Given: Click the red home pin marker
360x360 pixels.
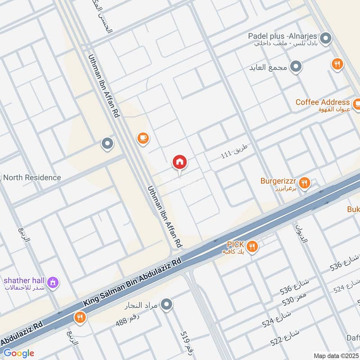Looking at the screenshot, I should click(x=180, y=162).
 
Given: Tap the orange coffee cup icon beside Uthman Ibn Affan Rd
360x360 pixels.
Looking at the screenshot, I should click(x=143, y=138).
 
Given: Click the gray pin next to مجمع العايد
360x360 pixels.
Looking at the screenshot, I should click(x=296, y=67).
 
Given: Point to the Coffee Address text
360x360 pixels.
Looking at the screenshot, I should click(x=322, y=102).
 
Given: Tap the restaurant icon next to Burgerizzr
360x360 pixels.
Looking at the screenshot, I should click(x=305, y=183).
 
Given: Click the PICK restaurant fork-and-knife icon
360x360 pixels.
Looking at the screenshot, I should click(x=252, y=246).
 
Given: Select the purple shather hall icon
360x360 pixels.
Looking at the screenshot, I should click(x=53, y=283).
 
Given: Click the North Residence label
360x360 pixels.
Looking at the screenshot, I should click(x=32, y=177).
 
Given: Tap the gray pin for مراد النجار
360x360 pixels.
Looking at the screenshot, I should click(x=167, y=305).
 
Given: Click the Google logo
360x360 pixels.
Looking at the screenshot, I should click(x=19, y=353).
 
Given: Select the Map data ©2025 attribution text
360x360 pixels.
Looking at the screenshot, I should click(x=335, y=356).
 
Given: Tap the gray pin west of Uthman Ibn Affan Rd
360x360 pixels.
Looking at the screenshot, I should click(x=107, y=144).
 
